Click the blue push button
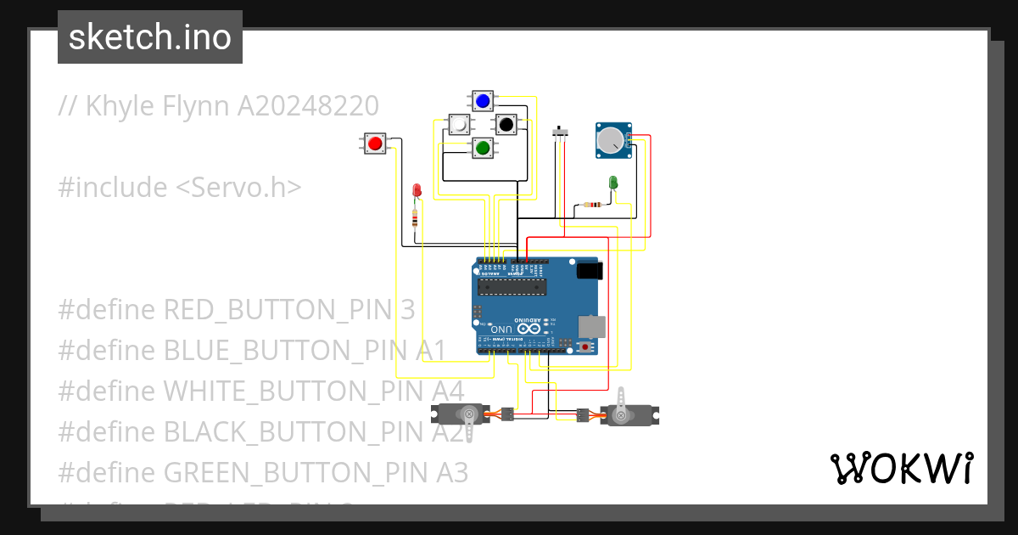click(x=483, y=101)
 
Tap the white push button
click(x=459, y=125)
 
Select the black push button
click(x=506, y=125)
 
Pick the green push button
click(x=483, y=148)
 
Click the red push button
click(x=374, y=143)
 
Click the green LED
click(x=613, y=182)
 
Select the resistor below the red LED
click(x=414, y=220)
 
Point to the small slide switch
click(x=559, y=132)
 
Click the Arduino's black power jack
click(x=588, y=272)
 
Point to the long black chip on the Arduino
click(x=509, y=286)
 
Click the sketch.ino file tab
click(x=150, y=37)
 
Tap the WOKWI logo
click(x=901, y=468)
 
